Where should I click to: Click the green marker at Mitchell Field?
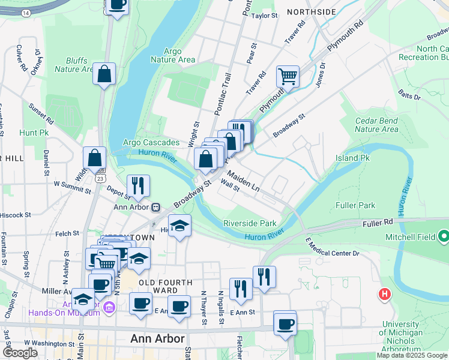(x=444, y=237)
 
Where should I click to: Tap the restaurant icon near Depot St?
(x=139, y=186)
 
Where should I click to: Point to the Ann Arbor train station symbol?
(x=155, y=208)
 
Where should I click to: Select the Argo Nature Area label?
(x=172, y=55)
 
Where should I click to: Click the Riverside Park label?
(x=250, y=223)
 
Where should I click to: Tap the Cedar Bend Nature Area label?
(x=376, y=125)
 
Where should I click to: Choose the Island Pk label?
(x=352, y=158)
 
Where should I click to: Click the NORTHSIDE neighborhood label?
(x=312, y=12)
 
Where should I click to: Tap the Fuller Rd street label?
(x=378, y=223)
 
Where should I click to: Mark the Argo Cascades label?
(x=151, y=143)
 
